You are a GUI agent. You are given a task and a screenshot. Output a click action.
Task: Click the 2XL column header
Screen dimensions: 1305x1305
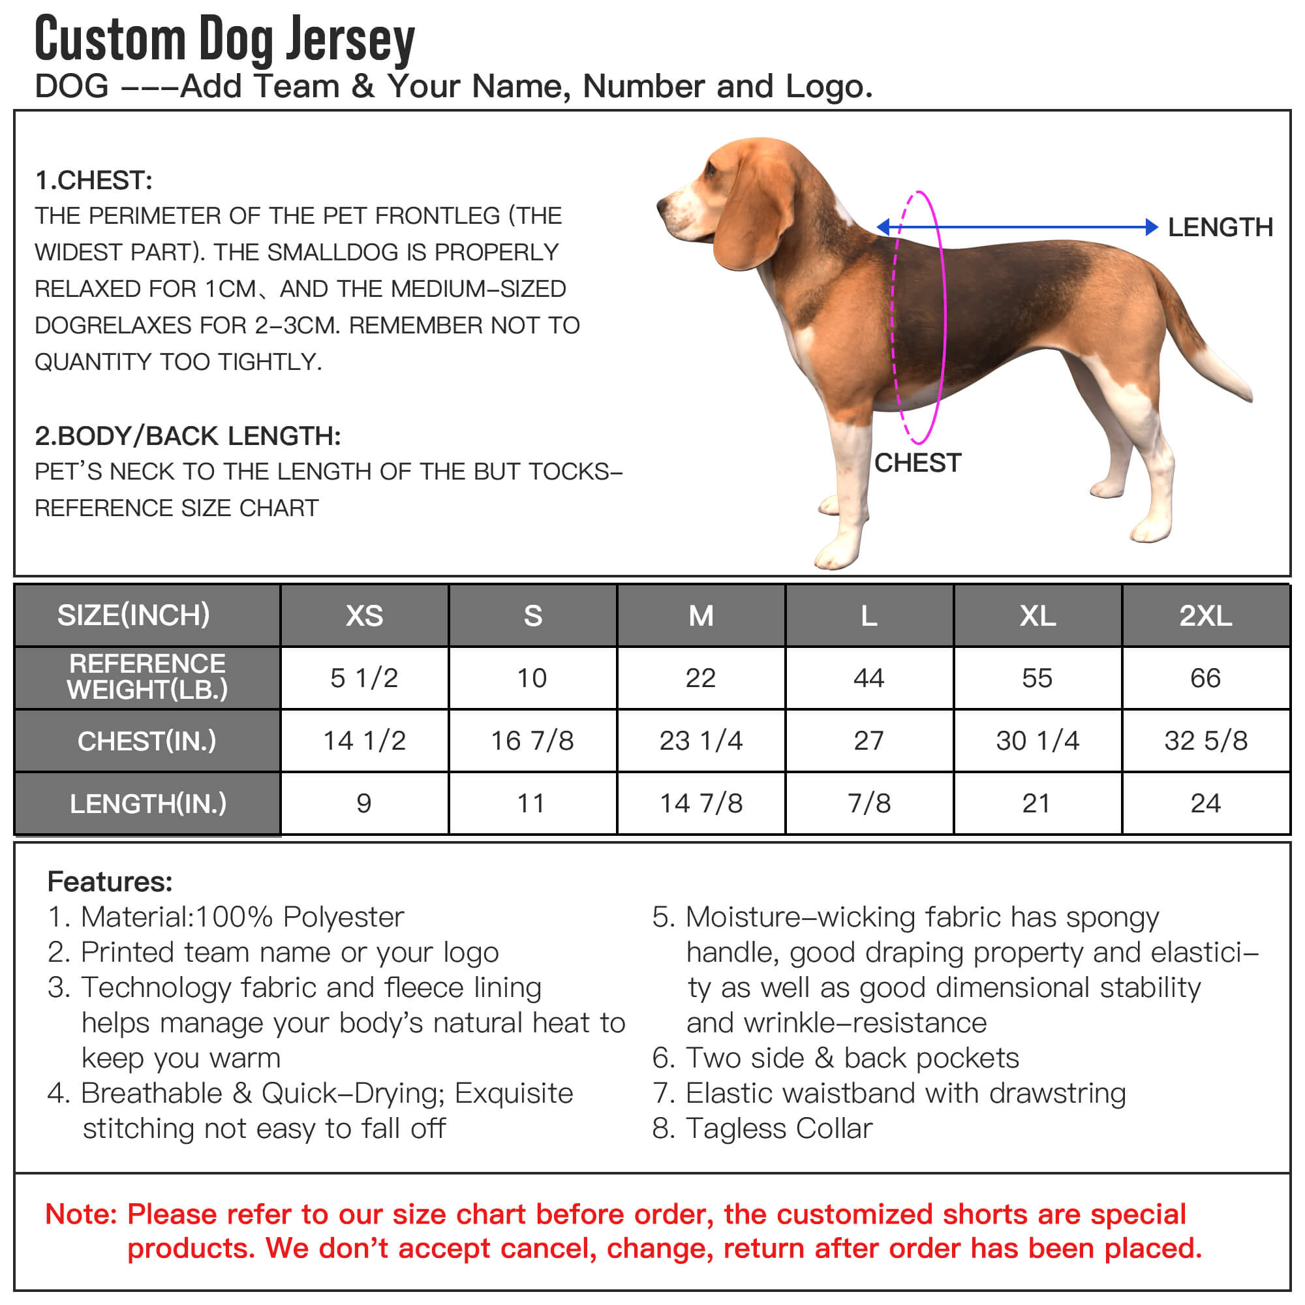pyautogui.click(x=1205, y=615)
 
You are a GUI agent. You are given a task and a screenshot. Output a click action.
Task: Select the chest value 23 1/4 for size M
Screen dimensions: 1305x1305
pyautogui.click(x=700, y=741)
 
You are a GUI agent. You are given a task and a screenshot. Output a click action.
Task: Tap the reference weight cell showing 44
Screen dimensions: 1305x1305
pyautogui.click(x=868, y=677)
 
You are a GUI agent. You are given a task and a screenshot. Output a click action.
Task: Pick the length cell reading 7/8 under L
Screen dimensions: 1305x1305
pyautogui.click(x=868, y=803)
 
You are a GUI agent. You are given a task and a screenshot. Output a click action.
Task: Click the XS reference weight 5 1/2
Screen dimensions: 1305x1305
pyautogui.click(x=364, y=677)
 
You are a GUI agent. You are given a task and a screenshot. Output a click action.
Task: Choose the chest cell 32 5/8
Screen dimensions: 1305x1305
pyautogui.click(x=1205, y=741)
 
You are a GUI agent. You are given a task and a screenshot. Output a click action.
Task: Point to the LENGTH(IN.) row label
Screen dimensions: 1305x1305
pyautogui.click(x=148, y=803)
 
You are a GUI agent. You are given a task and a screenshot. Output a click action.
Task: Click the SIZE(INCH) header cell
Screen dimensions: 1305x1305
pyautogui.click(x=134, y=615)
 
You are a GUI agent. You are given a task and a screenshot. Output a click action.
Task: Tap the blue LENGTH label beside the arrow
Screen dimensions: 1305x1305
pyautogui.click(x=1220, y=228)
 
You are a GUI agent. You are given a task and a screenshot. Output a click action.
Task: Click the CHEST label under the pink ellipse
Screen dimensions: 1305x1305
pyautogui.click(x=917, y=463)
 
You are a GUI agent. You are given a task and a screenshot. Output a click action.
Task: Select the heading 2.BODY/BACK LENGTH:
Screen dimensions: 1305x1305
pyautogui.click(x=188, y=436)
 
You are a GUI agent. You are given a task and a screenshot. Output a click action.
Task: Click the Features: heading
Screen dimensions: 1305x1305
pyautogui.click(x=110, y=882)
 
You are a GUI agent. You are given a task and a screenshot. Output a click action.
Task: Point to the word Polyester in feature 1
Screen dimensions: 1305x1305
pyautogui.click(x=343, y=917)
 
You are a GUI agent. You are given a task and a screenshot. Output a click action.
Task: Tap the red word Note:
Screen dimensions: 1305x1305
pyautogui.click(x=81, y=1214)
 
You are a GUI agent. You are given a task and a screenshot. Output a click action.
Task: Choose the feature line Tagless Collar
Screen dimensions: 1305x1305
pyautogui.click(x=779, y=1128)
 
